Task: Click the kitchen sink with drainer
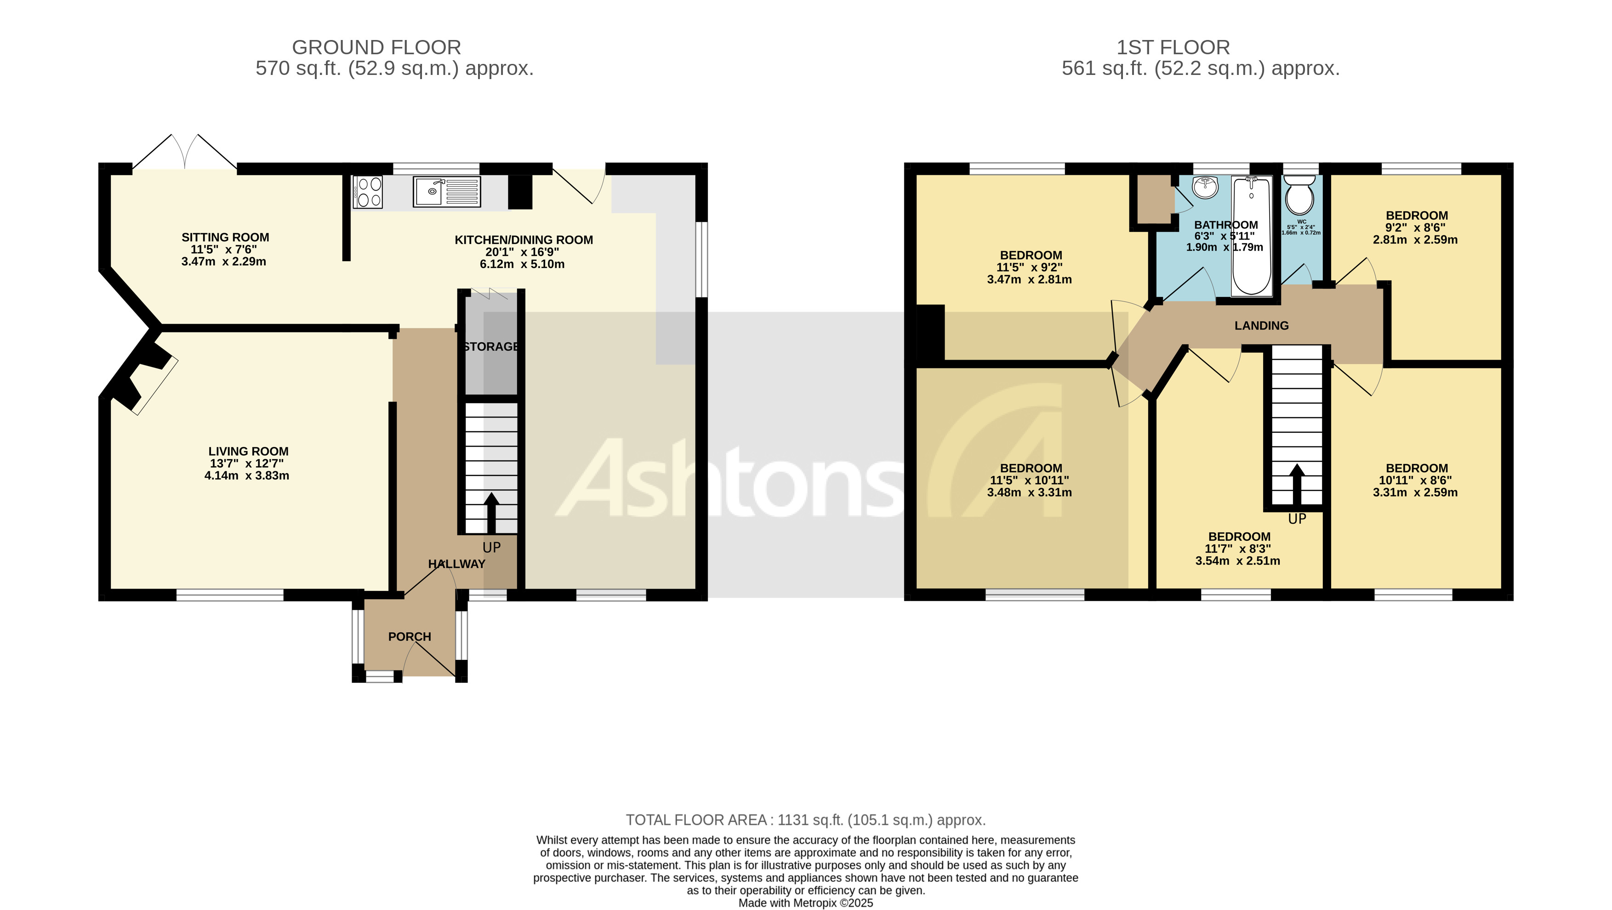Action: pos(447,191)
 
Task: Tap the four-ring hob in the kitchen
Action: pos(368,191)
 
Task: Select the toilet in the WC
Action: pos(1300,196)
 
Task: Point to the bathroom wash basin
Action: pos(1205,187)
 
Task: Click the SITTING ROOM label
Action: pos(225,237)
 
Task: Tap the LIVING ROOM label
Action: pos(248,451)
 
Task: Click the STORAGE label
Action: pos(491,347)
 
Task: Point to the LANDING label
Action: pos(1262,326)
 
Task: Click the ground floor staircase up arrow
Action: pos(491,512)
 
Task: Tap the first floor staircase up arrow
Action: pos(1297,483)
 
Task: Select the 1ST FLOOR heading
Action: pos(1173,47)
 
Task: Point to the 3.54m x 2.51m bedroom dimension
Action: pos(1237,561)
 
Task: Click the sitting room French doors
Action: pos(185,153)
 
